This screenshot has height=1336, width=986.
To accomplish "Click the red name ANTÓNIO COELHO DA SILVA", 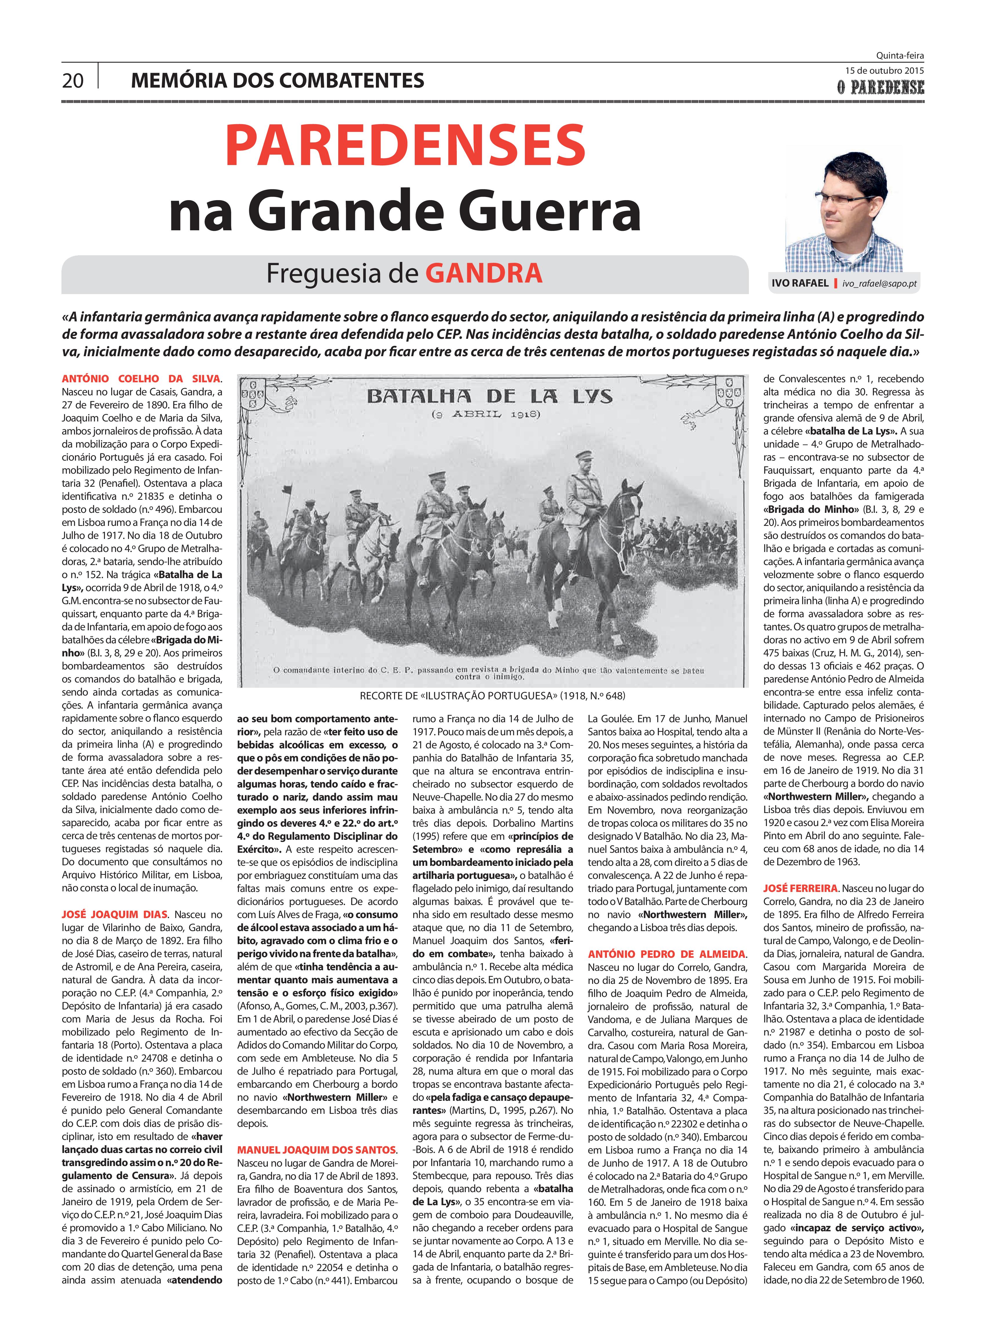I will click(x=140, y=379).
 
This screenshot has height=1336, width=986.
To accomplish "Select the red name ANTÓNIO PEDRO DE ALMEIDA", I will click(x=666, y=954).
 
